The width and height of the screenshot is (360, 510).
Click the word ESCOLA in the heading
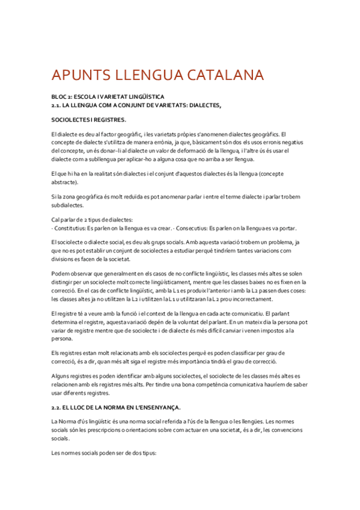point(90,96)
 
